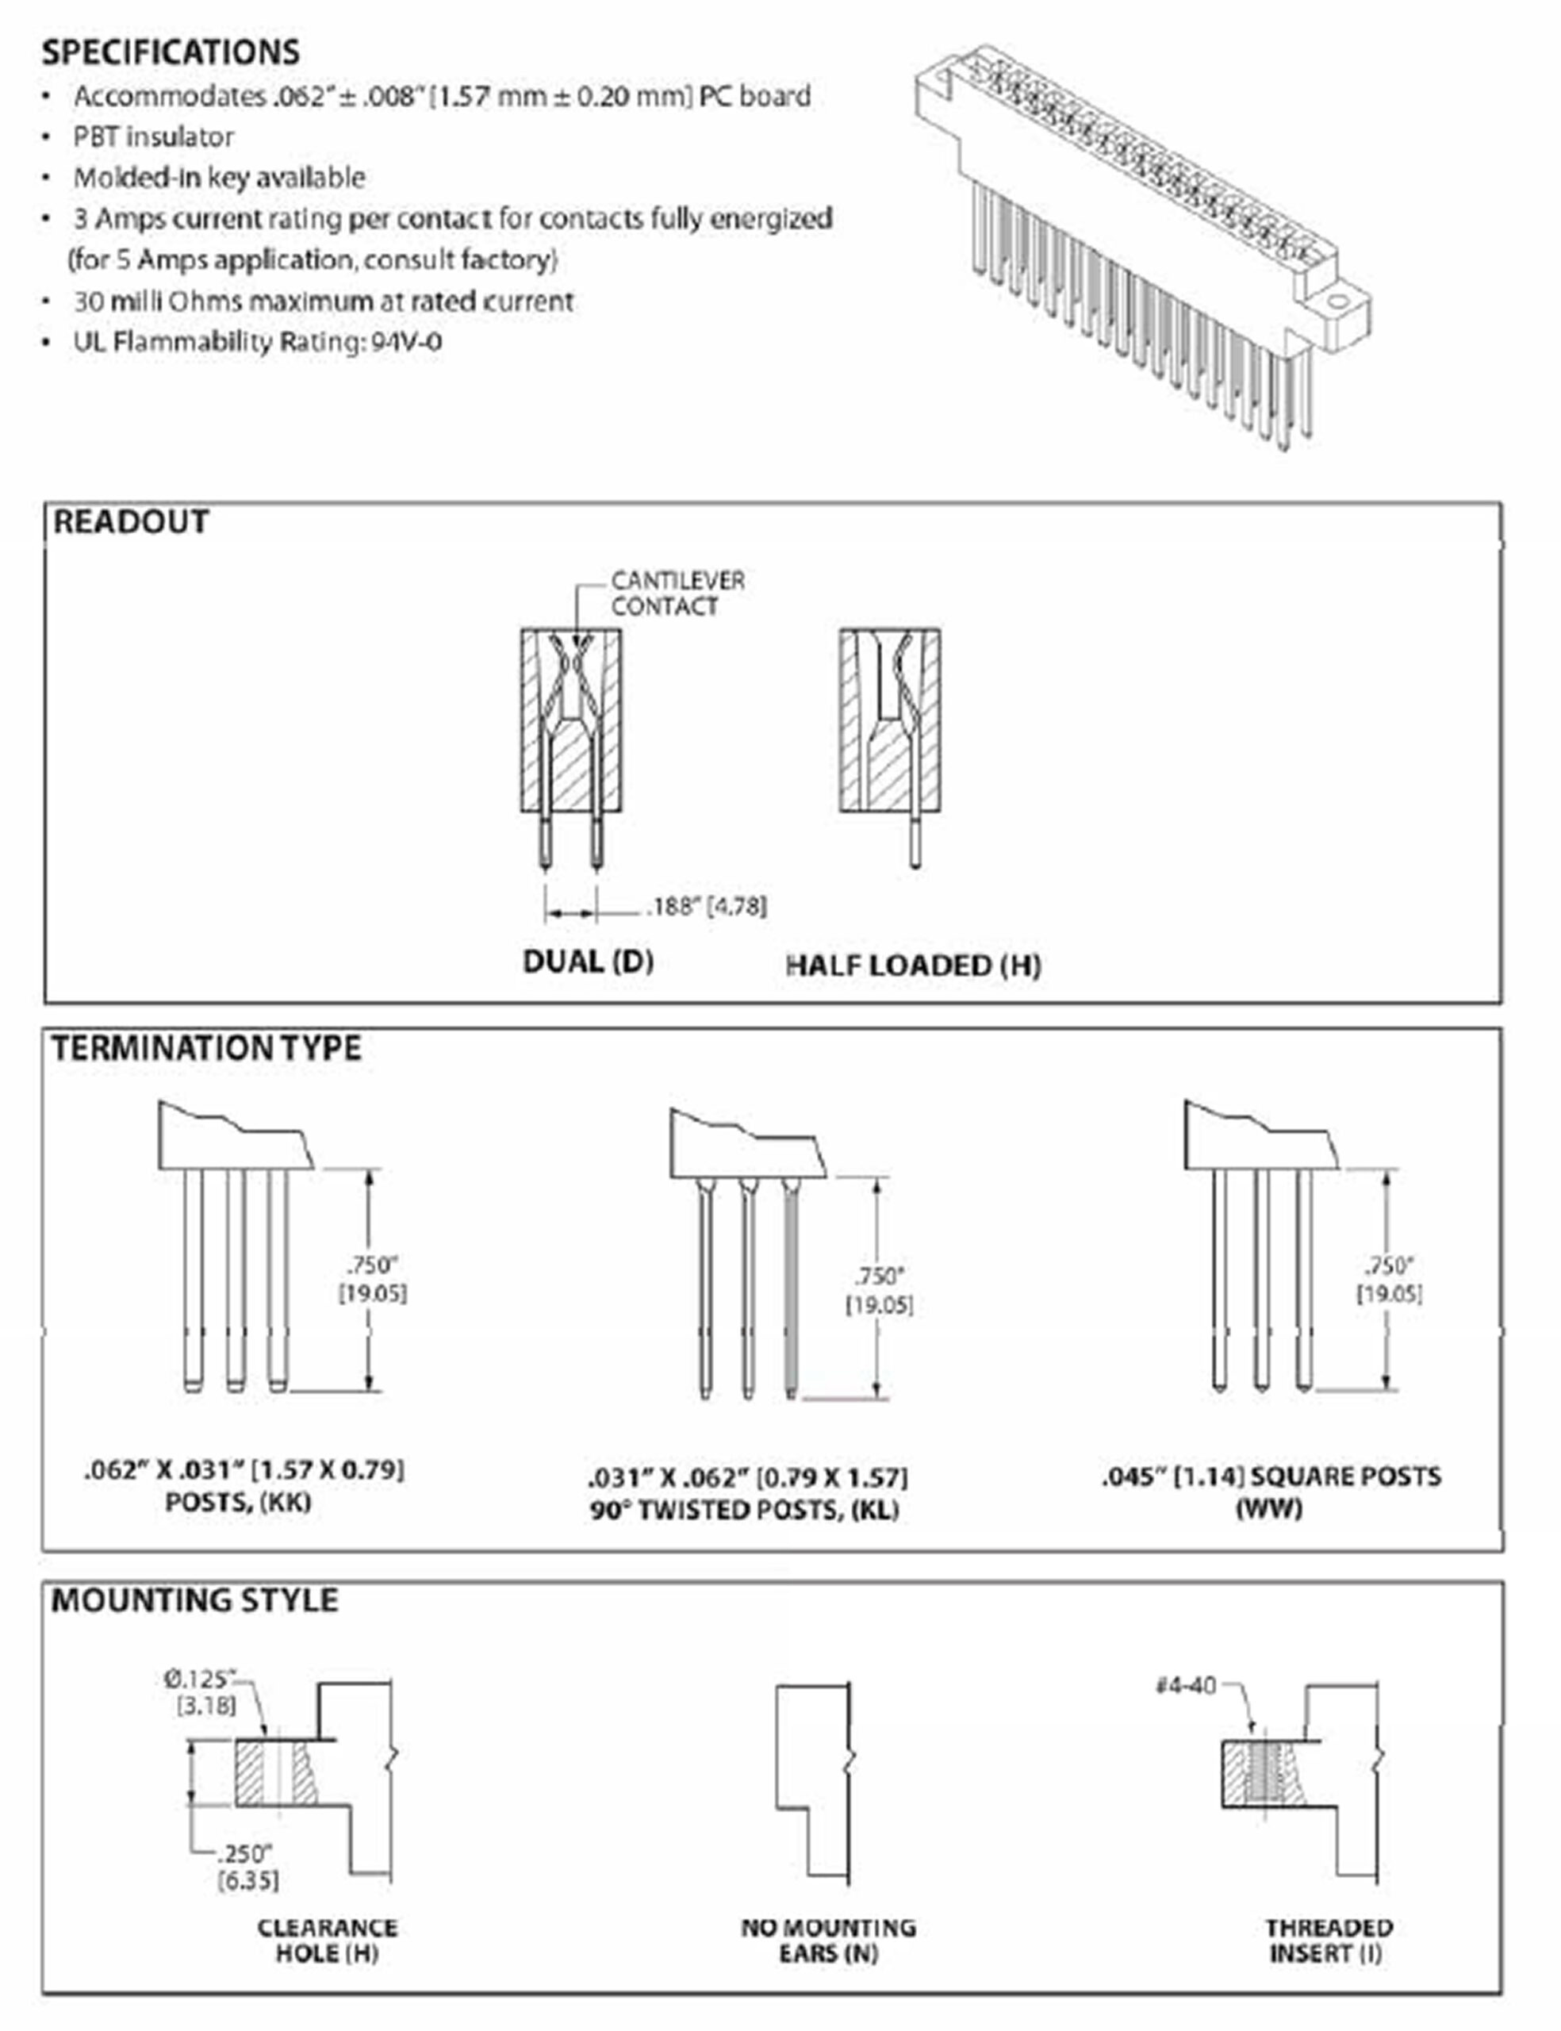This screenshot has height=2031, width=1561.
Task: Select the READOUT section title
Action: [131, 521]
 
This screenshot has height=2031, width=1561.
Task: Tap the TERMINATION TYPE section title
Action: [206, 1048]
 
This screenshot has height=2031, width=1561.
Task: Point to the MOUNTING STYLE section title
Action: [194, 1600]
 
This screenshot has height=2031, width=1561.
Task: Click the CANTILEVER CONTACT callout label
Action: [677, 593]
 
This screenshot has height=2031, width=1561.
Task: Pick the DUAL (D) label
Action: [589, 961]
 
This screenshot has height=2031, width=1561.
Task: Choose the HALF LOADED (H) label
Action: [914, 966]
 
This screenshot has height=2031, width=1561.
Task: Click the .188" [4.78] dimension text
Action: [707, 906]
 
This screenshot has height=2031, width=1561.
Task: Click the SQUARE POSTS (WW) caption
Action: [1271, 1492]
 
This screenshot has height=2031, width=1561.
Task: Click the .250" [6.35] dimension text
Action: [247, 1867]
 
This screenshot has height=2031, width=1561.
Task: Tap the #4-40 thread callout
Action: [1186, 1684]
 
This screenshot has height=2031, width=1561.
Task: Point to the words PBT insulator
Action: [153, 136]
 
